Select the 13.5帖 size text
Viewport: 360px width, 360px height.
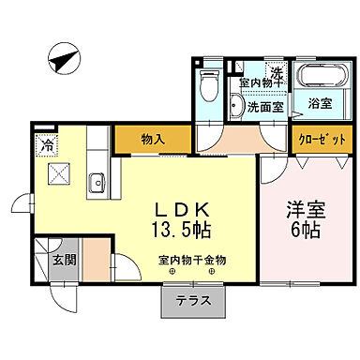coord(186,229)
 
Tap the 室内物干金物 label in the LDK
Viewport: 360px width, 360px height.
coord(186,261)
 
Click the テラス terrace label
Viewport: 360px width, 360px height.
coord(187,303)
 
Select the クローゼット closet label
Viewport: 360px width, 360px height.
coord(322,140)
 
